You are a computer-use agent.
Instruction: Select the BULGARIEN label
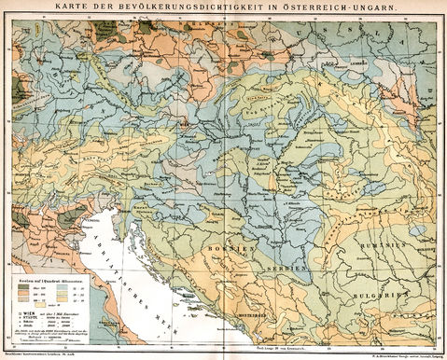click(x=384, y=293)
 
